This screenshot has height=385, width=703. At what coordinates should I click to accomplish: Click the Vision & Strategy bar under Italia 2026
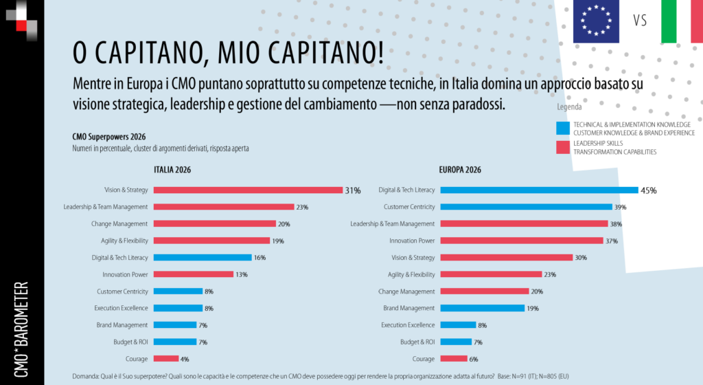pyautogui.click(x=248, y=190)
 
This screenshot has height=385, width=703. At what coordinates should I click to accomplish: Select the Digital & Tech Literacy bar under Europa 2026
pyautogui.click(x=538, y=190)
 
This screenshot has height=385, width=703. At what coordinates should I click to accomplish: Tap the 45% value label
pyautogui.click(x=648, y=190)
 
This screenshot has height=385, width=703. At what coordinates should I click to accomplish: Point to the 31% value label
pyautogui.click(x=352, y=190)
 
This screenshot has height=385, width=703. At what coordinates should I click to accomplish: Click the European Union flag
pyautogui.click(x=596, y=21)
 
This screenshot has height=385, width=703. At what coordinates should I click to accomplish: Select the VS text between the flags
pyautogui.click(x=640, y=21)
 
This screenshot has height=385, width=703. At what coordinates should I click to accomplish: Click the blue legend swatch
pyautogui.click(x=563, y=128)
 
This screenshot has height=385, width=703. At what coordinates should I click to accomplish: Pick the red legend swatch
pyautogui.click(x=563, y=147)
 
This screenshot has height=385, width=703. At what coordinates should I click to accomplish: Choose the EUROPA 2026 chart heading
pyautogui.click(x=460, y=170)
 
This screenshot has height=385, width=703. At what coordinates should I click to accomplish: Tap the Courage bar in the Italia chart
pyautogui.click(x=166, y=358)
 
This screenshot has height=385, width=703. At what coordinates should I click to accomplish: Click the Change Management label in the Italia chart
pyautogui.click(x=119, y=223)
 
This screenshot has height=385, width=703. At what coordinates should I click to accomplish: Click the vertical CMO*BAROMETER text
pyautogui.click(x=22, y=329)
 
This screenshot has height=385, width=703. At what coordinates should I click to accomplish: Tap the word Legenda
pyautogui.click(x=569, y=107)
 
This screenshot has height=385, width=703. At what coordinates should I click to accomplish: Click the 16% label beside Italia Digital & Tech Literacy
pyautogui.click(x=260, y=257)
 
